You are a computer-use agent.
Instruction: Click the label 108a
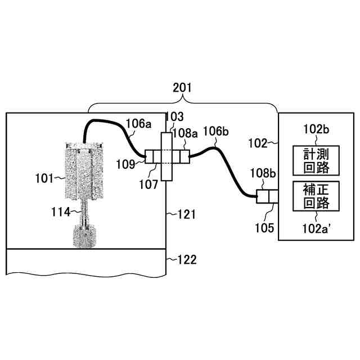point(186,134)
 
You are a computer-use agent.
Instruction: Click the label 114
point(59,211)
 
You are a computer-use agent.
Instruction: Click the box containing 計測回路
point(316,161)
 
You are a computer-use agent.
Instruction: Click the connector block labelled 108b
point(265,197)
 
